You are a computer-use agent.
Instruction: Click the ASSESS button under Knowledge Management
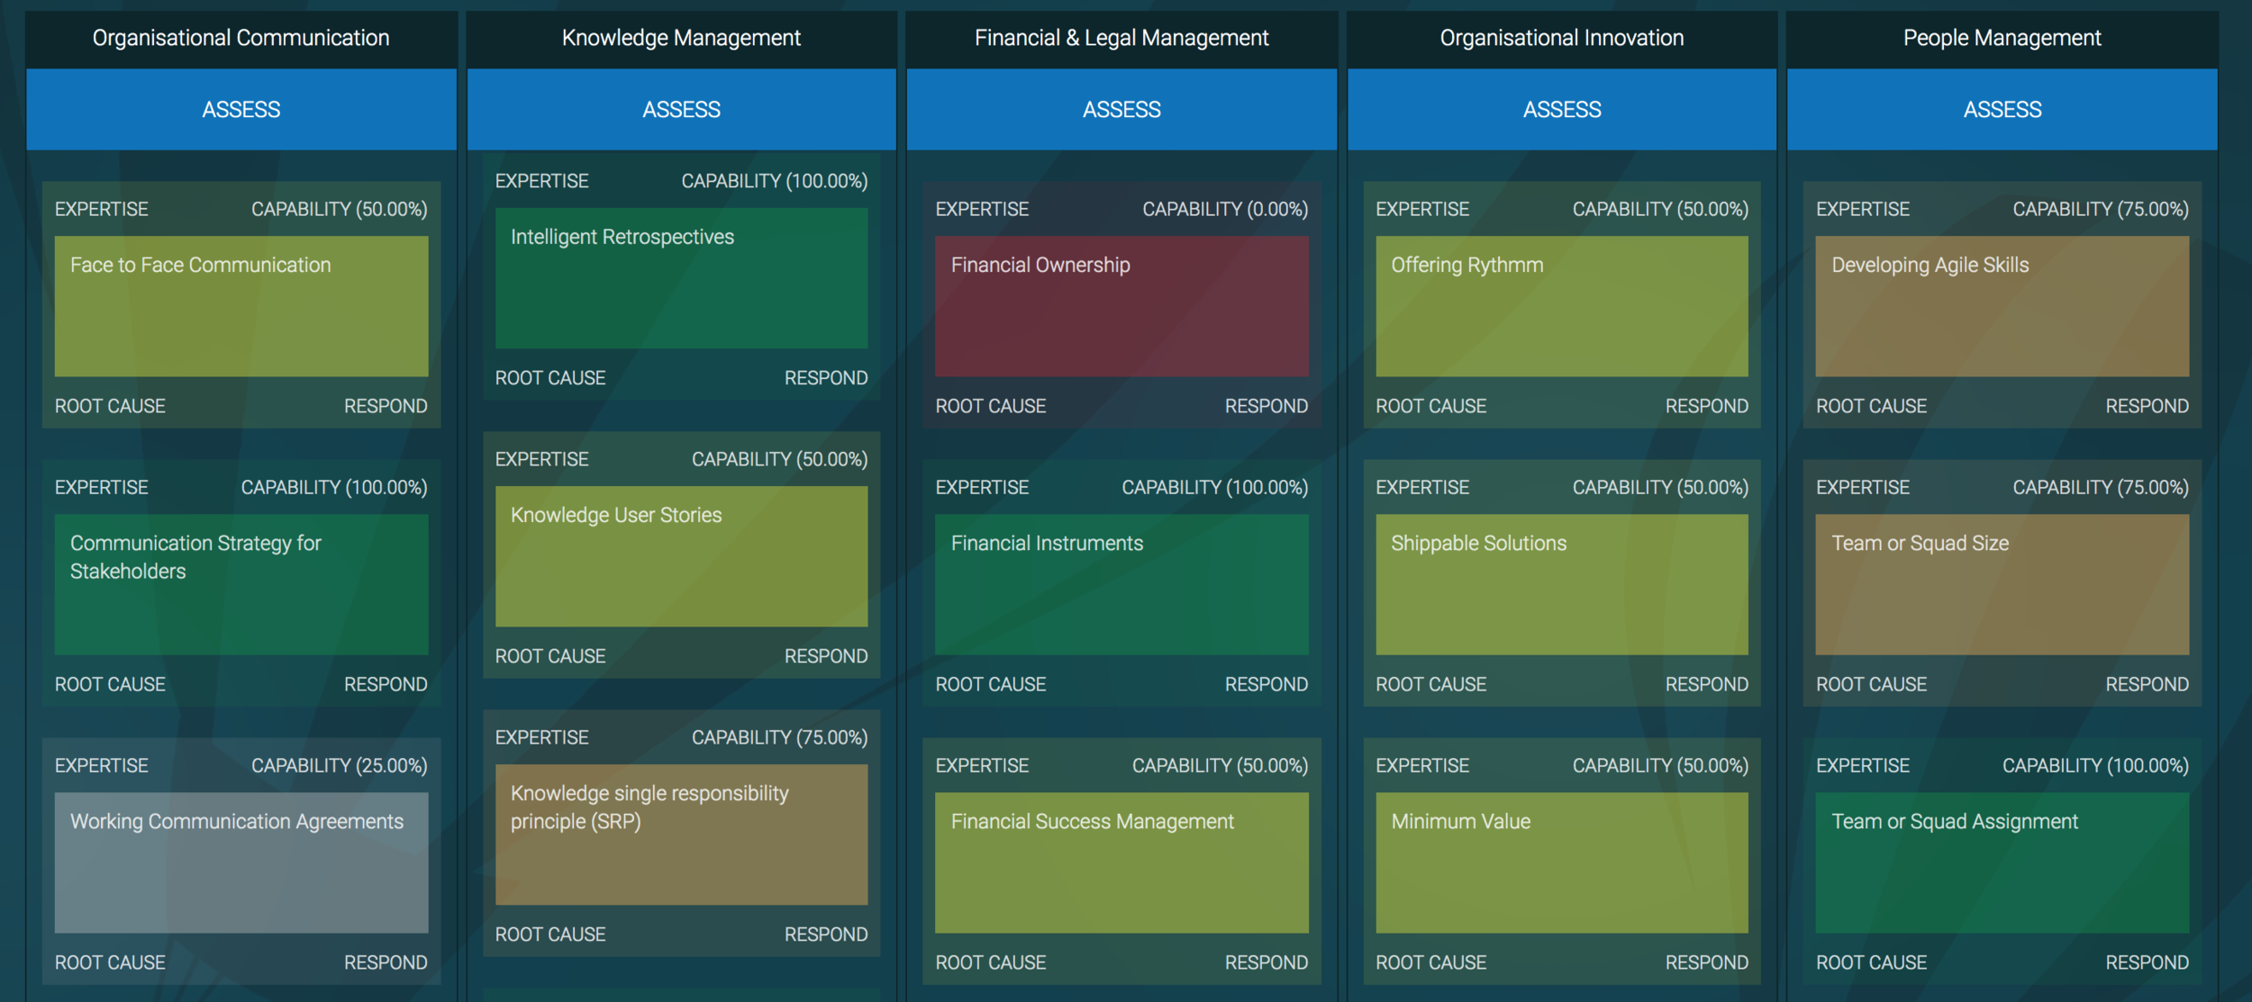[681, 109]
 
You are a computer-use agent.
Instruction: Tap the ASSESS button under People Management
[2002, 109]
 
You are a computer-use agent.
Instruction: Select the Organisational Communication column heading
[241, 38]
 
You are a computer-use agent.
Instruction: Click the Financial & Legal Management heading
[1121, 38]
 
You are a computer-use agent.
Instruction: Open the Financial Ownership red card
[1121, 306]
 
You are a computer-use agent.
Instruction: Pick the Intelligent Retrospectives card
[681, 278]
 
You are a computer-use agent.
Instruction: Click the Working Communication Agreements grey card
[241, 862]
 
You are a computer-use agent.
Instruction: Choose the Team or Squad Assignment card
[2002, 862]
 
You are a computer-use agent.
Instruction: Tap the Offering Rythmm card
[1562, 306]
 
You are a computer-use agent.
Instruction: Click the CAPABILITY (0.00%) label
[1225, 209]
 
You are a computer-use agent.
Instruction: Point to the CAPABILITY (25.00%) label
[339, 765]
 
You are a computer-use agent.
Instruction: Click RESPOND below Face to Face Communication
[386, 406]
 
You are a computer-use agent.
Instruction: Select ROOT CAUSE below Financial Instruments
[991, 684]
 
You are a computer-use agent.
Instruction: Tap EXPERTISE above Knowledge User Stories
[541, 459]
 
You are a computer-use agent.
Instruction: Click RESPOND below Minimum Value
[1706, 962]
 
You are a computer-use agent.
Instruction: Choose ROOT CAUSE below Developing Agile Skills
[1871, 406]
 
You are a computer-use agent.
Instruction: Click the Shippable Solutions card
[1562, 584]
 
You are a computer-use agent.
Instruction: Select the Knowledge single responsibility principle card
[681, 835]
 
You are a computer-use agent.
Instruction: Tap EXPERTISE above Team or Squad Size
[1862, 487]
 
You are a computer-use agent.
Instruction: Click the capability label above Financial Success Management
[1220, 765]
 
